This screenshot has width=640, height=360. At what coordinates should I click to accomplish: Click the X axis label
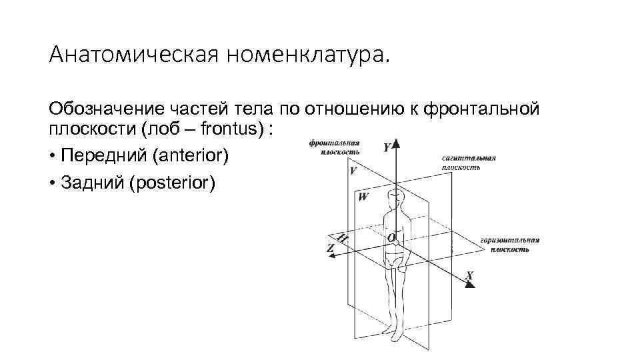point(470,275)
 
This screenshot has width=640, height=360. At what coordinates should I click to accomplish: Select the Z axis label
point(331,247)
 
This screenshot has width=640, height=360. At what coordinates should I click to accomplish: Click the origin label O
point(391,237)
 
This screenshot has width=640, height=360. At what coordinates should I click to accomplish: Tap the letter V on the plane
point(353,171)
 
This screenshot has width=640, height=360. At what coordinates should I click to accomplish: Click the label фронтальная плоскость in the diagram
point(335,147)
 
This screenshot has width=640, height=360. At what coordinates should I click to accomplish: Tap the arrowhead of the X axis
point(469,284)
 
